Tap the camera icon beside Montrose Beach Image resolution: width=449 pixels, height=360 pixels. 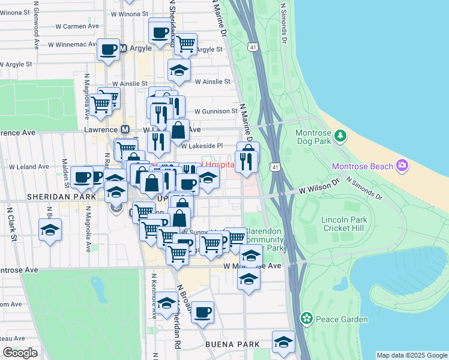(x=401, y=166)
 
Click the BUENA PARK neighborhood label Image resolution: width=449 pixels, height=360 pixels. (x=232, y=344)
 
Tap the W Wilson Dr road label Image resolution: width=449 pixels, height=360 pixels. (x=319, y=185)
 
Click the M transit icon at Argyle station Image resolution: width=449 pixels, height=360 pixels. (x=124, y=48)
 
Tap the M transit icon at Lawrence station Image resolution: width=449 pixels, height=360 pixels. (x=125, y=130)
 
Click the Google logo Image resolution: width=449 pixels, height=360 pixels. (x=20, y=352)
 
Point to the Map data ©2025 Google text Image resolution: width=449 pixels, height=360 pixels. (x=411, y=355)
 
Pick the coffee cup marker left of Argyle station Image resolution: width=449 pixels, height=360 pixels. (x=109, y=50)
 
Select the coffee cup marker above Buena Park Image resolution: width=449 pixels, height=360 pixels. (x=203, y=312)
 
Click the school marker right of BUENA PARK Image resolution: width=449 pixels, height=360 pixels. (x=283, y=342)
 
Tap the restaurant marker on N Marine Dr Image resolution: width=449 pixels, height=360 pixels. (x=247, y=161)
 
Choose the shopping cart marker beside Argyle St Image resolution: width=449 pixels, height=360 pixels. (x=185, y=43)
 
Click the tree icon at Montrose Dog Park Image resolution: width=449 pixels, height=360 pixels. (x=340, y=135)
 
